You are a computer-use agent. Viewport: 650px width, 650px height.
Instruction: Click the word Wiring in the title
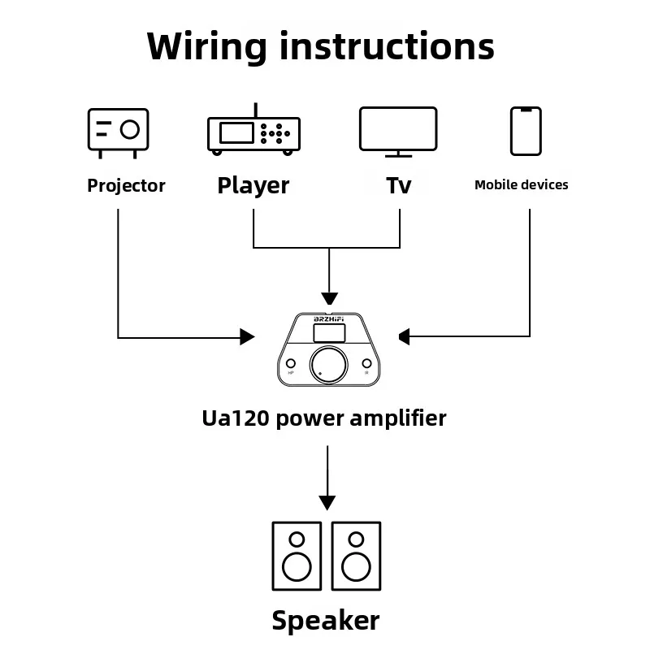(206, 47)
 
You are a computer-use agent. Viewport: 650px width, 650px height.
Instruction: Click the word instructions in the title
(387, 45)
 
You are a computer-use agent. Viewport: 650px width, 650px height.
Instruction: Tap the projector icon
(118, 133)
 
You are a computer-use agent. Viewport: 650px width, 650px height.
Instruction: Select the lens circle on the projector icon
(130, 129)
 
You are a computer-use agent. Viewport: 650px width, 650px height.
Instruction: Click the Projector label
(126, 186)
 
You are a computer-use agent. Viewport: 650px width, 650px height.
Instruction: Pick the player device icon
(253, 129)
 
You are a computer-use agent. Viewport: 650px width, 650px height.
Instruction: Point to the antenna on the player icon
(256, 110)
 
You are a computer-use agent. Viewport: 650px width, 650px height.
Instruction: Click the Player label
(253, 186)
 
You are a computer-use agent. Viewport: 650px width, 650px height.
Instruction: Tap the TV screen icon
(398, 132)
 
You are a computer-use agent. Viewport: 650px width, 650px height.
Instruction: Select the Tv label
(399, 185)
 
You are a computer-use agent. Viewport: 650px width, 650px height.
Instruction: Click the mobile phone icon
(526, 131)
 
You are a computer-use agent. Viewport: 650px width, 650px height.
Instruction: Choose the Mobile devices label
(521, 185)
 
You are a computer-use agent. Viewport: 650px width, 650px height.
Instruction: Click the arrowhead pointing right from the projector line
(247, 336)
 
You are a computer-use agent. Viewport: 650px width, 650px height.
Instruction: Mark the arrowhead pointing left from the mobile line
(405, 336)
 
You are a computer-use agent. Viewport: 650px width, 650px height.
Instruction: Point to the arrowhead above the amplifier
(329, 298)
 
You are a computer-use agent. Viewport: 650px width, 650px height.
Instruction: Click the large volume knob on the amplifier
(328, 365)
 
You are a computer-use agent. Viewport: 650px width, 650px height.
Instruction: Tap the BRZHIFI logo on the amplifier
(329, 318)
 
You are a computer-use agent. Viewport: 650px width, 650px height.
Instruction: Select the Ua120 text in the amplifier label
(236, 418)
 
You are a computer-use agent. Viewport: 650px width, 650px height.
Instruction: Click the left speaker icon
(297, 556)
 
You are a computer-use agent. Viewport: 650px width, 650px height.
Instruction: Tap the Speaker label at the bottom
(326, 621)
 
